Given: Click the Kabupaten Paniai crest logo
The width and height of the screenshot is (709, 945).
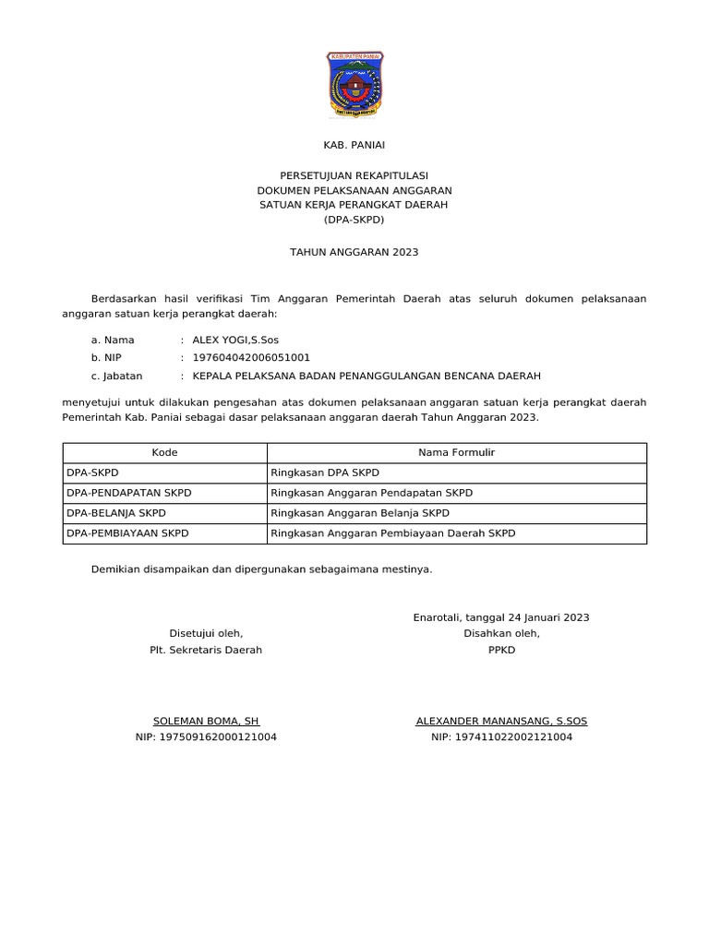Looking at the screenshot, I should click(354, 86).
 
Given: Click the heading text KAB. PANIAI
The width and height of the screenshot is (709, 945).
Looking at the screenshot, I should click(354, 145).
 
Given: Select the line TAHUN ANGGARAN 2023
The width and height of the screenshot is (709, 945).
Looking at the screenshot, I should click(354, 251).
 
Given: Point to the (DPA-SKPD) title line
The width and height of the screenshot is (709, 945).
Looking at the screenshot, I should click(354, 220).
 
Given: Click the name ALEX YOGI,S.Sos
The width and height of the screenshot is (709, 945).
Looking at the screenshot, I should click(235, 340).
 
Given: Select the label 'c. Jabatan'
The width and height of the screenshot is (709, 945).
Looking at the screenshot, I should click(117, 376).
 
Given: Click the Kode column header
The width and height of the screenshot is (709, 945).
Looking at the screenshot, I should click(164, 453).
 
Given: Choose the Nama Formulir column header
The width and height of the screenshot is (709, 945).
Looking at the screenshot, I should click(456, 453).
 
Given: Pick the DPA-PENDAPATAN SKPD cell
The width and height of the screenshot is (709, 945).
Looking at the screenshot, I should click(129, 493).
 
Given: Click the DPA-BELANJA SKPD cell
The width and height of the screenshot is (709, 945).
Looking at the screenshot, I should click(117, 513).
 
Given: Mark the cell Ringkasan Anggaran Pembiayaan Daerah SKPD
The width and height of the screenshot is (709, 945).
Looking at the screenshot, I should click(392, 533).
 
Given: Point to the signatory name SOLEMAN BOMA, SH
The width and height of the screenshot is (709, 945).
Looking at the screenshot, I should click(206, 720).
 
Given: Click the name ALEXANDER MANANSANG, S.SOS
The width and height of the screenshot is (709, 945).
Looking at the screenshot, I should click(501, 720).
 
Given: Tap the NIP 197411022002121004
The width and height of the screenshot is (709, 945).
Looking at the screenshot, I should click(501, 737).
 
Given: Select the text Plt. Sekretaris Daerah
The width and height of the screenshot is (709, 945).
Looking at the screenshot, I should click(206, 650).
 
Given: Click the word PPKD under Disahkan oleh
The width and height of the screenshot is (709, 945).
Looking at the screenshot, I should click(501, 650).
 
